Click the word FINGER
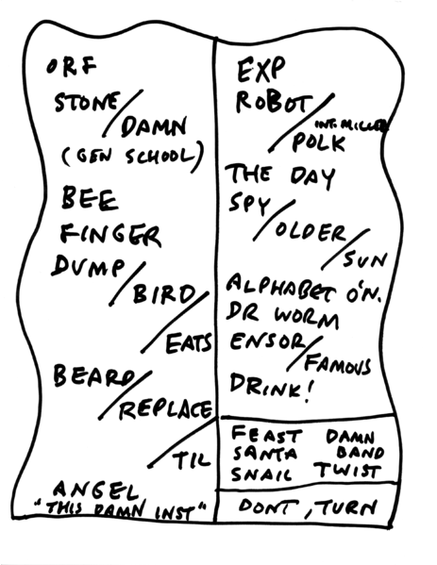[110, 233]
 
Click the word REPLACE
[160, 410]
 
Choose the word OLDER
[309, 232]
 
